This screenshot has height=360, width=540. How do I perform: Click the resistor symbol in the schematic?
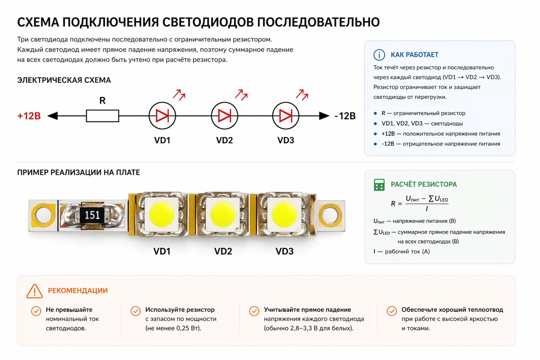click(103, 116)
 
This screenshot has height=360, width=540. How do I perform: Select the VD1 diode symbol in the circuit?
click(162, 116)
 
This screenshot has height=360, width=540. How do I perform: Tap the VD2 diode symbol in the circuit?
click(224, 116)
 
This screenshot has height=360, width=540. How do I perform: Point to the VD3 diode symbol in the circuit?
click(286, 116)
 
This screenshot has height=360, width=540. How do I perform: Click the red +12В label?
click(29, 116)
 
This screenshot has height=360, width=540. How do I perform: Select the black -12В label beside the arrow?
click(345, 116)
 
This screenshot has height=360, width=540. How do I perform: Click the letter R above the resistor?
click(103, 101)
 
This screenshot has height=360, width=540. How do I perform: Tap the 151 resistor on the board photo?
click(92, 215)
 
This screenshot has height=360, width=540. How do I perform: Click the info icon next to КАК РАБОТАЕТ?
click(379, 55)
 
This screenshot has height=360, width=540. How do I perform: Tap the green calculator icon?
click(379, 184)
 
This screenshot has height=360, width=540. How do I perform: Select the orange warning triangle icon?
click(35, 291)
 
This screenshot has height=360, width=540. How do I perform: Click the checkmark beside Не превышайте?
click(36, 311)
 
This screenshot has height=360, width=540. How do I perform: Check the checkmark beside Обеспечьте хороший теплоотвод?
click(392, 311)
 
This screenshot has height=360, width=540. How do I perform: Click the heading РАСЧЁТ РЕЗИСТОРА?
click(423, 184)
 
